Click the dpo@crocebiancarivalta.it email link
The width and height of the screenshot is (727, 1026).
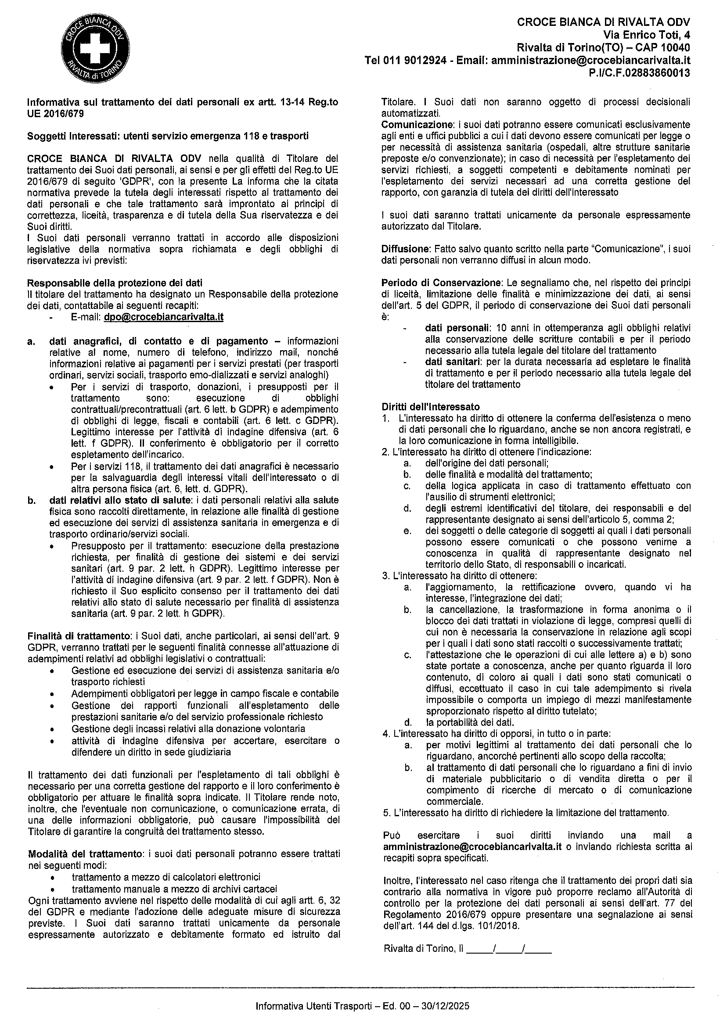163,317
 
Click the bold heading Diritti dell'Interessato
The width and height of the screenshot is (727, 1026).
430,407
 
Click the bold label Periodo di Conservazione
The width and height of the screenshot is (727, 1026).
440,283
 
